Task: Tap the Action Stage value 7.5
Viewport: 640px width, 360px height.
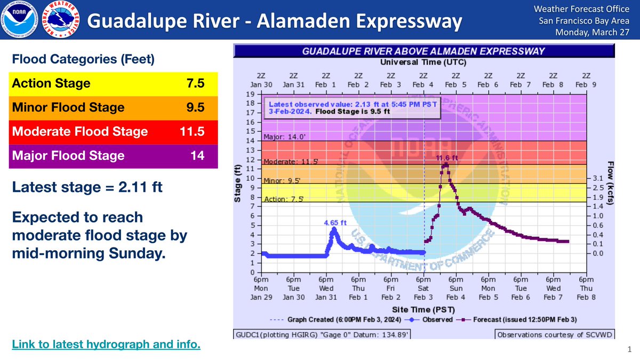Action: (195, 83)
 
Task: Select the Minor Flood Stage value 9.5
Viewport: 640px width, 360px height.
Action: (195, 108)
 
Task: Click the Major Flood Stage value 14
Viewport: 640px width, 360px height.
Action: (197, 156)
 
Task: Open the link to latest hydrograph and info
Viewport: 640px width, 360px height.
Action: (106, 345)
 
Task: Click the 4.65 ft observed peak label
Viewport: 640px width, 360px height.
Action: (334, 222)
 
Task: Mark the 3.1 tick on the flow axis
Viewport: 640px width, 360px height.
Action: (597, 178)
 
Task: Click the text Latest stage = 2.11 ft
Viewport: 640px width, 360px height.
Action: (87, 187)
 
